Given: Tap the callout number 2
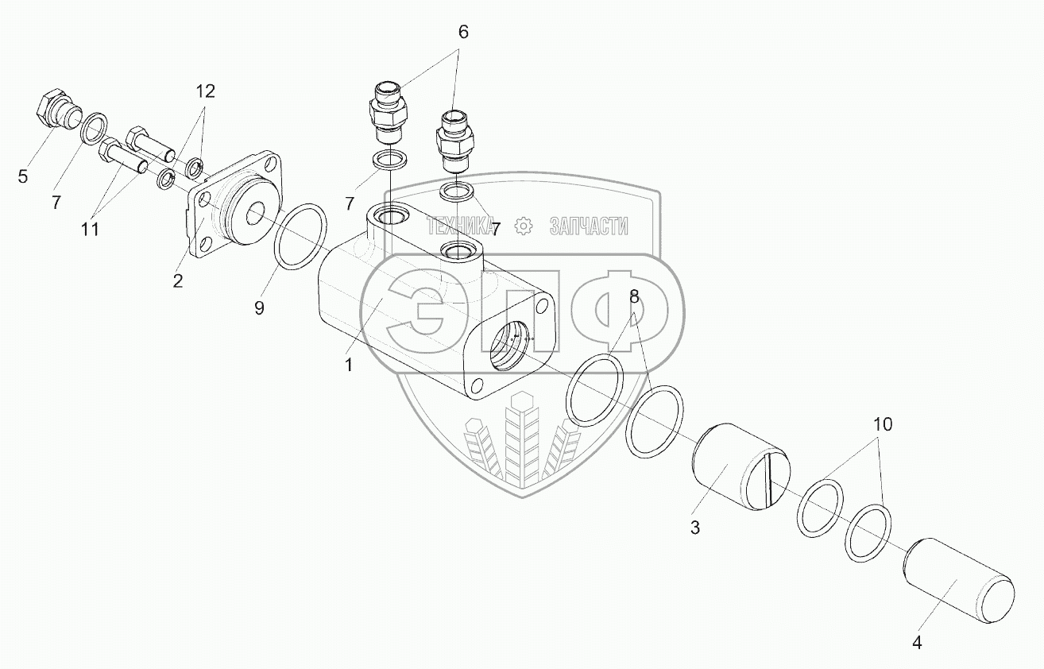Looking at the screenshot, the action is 177,280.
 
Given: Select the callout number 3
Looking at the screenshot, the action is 694,528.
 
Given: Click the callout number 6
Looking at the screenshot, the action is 463,33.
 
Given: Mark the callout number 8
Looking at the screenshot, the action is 634,297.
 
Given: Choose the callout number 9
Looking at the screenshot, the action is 259,308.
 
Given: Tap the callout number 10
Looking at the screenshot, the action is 883,425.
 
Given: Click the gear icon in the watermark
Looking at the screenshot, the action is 523,226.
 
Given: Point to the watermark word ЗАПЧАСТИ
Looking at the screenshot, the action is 588,226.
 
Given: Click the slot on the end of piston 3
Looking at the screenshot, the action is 766,481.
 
